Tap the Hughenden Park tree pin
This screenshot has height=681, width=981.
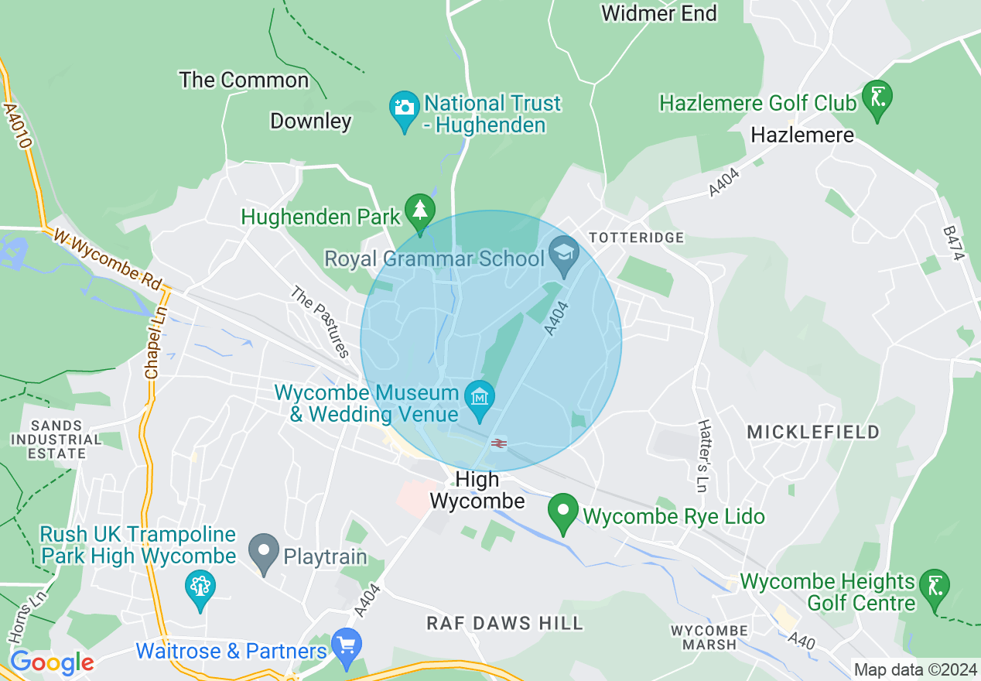pos(420,210)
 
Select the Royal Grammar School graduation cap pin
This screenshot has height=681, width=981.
pos(564,254)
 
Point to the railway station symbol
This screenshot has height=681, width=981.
pos(499,443)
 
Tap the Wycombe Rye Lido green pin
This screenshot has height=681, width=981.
pos(563,512)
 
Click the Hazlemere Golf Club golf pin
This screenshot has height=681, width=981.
pos(877,98)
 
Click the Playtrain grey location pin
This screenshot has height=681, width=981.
pos(265,553)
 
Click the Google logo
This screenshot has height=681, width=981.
pos(52,662)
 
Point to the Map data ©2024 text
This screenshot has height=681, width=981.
pos(915,669)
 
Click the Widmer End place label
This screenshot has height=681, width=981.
pos(658,13)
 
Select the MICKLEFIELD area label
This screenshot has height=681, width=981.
pos(813,432)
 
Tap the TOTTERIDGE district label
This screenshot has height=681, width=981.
pos(637,238)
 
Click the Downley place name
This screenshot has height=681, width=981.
pos(311,121)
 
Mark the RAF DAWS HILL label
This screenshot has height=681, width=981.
pos(505,623)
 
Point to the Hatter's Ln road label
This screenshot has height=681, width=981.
pos(703,457)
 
